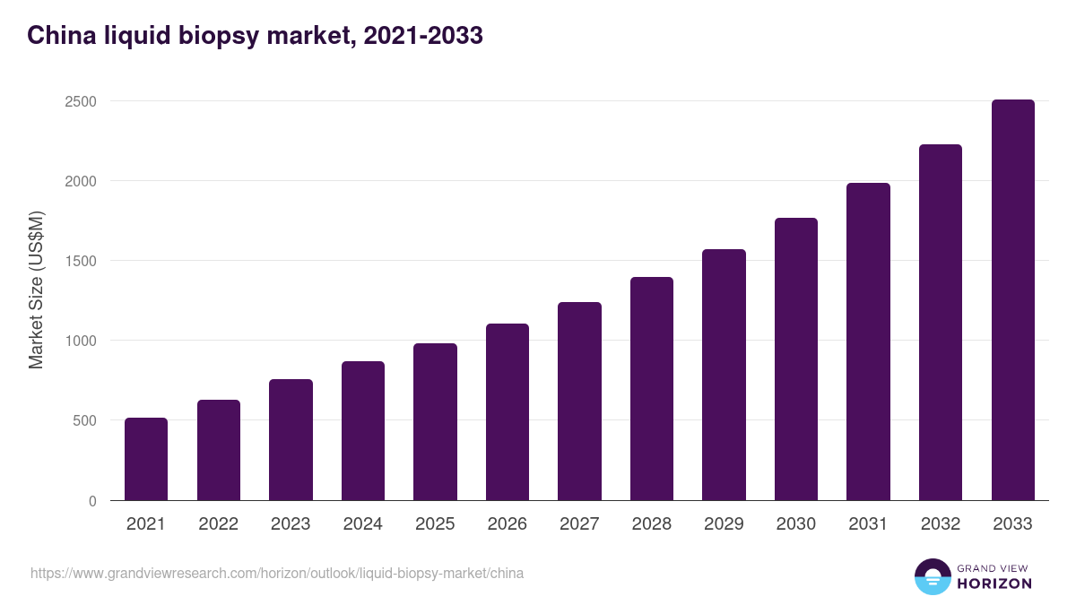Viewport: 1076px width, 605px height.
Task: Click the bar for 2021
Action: coord(146,459)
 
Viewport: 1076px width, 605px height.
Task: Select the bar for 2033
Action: coord(1012,300)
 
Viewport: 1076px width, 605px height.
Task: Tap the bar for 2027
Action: coord(579,402)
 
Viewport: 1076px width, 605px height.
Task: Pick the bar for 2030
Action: coord(796,359)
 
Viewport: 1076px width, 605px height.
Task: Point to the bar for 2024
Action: coord(363,431)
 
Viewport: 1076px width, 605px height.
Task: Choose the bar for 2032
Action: coord(941,323)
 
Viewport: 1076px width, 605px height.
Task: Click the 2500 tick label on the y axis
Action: coord(81,101)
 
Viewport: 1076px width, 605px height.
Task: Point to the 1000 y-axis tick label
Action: coord(81,341)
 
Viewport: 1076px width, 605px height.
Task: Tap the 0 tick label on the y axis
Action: coord(92,501)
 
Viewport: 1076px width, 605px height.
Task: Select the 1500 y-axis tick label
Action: coord(81,261)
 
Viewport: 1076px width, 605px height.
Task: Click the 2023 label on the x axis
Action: coord(291,524)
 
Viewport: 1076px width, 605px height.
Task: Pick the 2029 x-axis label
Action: coord(724,524)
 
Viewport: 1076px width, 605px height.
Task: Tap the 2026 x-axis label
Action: coord(508,524)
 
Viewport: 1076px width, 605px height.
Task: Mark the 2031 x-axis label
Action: coord(868,524)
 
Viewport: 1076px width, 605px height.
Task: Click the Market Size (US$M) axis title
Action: coord(36,290)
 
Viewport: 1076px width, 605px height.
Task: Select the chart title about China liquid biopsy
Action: coord(255,35)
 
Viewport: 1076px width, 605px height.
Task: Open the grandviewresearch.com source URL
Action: coord(277,573)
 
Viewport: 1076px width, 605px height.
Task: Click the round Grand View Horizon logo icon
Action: coord(932,576)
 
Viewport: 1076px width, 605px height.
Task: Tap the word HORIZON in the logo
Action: coord(994,583)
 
